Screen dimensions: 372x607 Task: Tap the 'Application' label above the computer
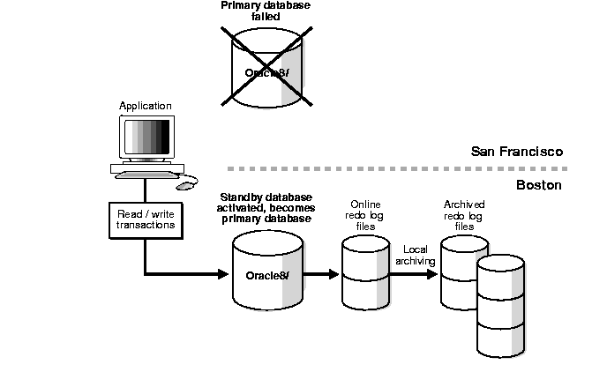pos(146,106)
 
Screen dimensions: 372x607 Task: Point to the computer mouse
pos(186,186)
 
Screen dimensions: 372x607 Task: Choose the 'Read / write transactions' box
pos(146,219)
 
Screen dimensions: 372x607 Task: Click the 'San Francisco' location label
pos(516,152)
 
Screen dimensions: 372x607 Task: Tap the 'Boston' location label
pos(538,185)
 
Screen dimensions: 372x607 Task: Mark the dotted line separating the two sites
pos(397,167)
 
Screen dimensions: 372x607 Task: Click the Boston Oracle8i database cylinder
pos(268,273)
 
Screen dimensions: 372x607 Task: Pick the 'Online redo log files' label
pos(365,215)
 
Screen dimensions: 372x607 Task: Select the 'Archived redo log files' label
pos(464,215)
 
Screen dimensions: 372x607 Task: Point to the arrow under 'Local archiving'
pos(414,273)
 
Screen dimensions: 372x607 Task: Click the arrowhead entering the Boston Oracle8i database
pos(221,273)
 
